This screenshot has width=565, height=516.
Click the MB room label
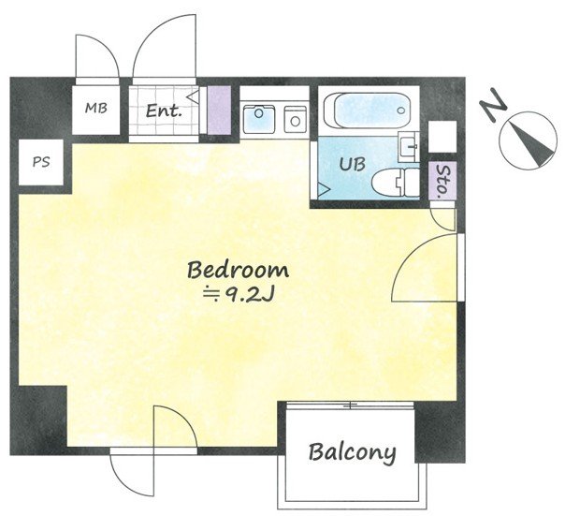(x=96, y=108)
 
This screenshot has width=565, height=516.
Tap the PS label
(x=41, y=162)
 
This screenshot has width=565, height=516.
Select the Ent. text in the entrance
(x=163, y=111)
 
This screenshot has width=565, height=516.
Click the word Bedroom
(x=238, y=271)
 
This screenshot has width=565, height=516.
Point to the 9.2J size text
(x=239, y=295)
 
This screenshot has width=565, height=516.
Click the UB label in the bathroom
(x=353, y=164)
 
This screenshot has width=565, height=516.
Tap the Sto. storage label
(x=442, y=182)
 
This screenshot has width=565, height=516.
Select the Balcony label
(x=352, y=452)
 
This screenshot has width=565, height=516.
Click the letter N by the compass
(x=493, y=106)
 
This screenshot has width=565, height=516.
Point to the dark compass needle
(x=532, y=143)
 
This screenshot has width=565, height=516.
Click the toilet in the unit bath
(x=395, y=183)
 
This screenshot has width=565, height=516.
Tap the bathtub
(x=368, y=110)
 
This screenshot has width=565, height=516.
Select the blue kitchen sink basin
(x=259, y=118)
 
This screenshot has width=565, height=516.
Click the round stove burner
(x=295, y=121)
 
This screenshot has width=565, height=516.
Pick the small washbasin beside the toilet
(x=409, y=146)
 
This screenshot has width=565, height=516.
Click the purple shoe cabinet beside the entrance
(x=219, y=110)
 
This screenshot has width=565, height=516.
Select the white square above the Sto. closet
(x=442, y=137)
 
